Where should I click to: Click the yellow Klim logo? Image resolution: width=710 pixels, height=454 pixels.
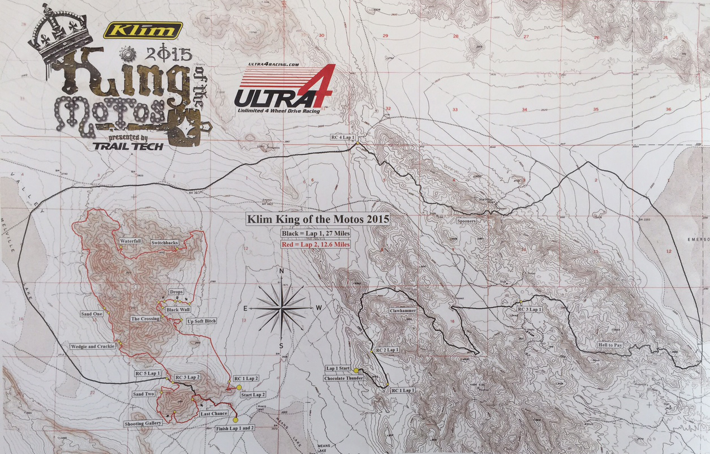pos(143,30)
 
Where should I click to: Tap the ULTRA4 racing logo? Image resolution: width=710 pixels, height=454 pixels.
pos(285,89)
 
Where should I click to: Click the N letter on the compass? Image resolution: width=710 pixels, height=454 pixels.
pos(281,272)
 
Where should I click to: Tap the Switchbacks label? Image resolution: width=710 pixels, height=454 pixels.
pos(165,242)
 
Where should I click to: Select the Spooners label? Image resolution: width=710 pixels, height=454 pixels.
pos(467,221)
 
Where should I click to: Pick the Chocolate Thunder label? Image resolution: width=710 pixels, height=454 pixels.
pos(343,378)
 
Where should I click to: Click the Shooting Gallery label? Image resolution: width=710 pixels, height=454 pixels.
pos(143,423)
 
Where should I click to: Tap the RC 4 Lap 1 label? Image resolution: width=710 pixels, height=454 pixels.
pos(342,138)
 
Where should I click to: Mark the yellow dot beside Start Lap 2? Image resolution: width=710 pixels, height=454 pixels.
pos(239,388)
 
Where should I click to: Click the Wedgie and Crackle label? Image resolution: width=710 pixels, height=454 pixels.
pos(93,346)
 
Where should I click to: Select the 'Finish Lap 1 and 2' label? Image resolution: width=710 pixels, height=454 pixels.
pos(235,429)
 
